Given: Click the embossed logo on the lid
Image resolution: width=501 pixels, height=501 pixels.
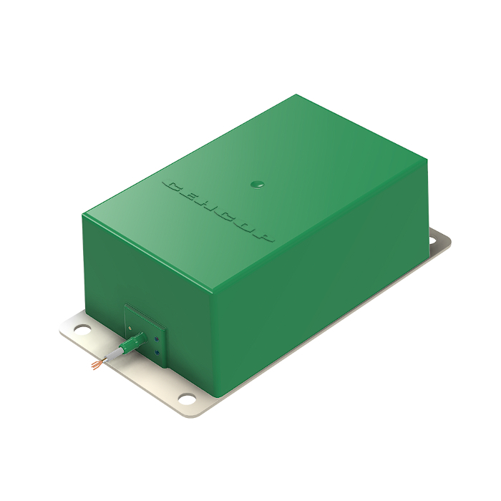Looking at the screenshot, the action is [218, 212].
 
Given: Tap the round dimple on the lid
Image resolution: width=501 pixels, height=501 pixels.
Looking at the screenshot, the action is [257, 185].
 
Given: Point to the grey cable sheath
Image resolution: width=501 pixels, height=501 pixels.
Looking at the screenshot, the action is [113, 355].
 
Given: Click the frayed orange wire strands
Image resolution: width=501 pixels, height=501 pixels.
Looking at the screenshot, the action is [97, 364].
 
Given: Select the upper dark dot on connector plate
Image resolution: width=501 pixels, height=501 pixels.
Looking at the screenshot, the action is [156, 339].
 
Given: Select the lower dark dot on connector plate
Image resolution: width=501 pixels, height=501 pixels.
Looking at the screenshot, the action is [157, 352].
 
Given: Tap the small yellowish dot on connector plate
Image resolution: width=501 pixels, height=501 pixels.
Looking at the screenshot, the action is [130, 328].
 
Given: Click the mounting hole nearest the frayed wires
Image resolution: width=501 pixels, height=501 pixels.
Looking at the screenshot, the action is [82, 329].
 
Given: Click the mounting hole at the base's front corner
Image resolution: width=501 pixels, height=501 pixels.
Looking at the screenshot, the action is [188, 399].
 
